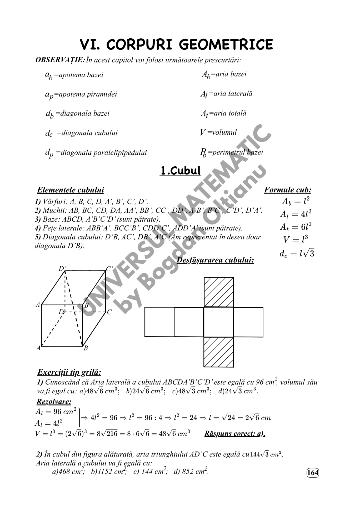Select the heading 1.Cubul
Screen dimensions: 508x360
click(180, 171)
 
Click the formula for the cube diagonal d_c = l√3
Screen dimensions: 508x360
click(297, 254)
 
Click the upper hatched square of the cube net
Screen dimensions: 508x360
click(218, 292)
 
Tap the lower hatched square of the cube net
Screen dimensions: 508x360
click(218, 352)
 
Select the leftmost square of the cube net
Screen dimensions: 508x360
click(159, 322)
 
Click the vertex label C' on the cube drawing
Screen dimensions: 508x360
click(109, 269)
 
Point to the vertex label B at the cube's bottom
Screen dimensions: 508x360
click(86, 348)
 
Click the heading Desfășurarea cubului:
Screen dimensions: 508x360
click(215, 260)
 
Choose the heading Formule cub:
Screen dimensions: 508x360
click(287, 190)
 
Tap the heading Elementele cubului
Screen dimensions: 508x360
click(70, 190)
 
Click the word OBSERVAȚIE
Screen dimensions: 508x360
click(60, 60)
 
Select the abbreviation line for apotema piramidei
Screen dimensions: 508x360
click(81, 95)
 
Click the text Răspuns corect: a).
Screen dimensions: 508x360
click(235, 433)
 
